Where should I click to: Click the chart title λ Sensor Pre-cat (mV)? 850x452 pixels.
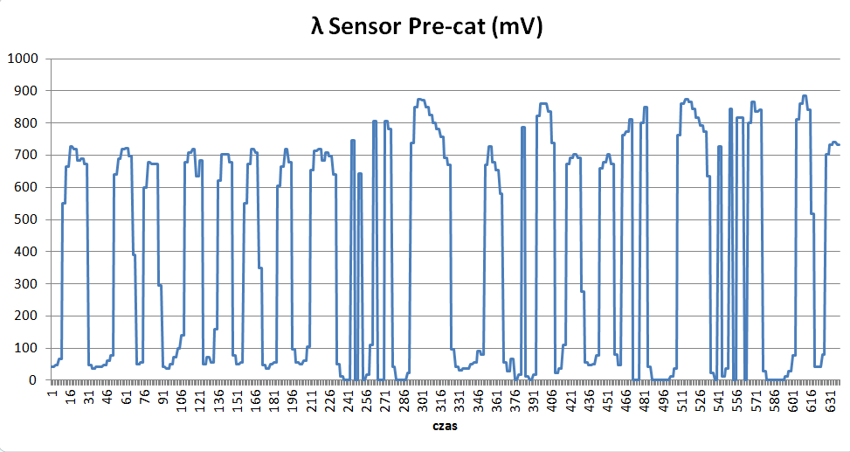point(427,28)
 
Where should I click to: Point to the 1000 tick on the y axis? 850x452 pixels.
point(23,59)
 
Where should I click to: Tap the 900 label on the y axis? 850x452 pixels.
point(25,91)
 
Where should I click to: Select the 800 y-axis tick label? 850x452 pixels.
point(25,123)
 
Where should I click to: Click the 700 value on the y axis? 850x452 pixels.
point(25,155)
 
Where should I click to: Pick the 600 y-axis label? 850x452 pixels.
point(25,187)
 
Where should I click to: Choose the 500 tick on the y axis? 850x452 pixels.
point(25,219)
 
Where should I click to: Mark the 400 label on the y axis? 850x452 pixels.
point(25,252)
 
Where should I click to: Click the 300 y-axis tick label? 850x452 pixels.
point(25,284)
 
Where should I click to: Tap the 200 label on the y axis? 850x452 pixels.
point(25,316)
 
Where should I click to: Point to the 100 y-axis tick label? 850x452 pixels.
point(25,348)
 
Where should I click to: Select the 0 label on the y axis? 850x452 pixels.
point(33,380)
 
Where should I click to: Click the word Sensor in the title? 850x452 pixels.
point(366,28)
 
